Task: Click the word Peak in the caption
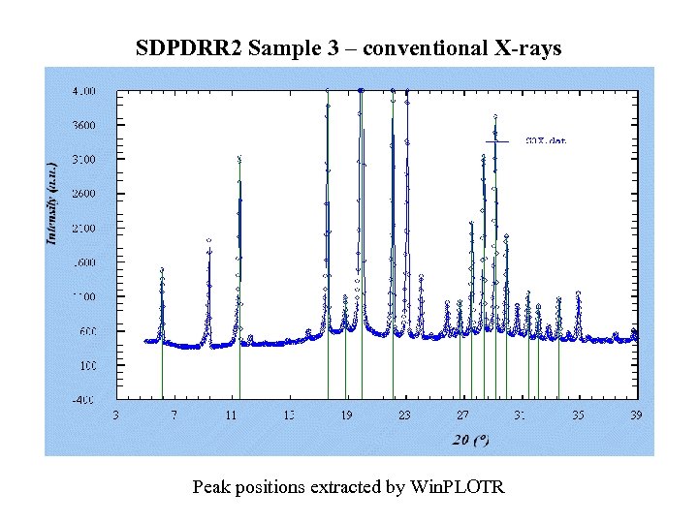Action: [211, 486]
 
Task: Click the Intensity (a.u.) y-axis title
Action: [52, 200]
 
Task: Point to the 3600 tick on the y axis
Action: [85, 125]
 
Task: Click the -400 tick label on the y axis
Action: [85, 399]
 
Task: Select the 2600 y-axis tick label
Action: [85, 194]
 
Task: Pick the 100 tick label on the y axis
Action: [88, 365]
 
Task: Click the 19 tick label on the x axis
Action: [346, 415]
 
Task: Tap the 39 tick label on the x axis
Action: [635, 415]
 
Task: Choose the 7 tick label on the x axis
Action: [174, 415]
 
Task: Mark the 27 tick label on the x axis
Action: [461, 415]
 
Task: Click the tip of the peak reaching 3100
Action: [239, 158]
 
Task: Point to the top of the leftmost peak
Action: [162, 269]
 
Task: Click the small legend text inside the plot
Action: [545, 141]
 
